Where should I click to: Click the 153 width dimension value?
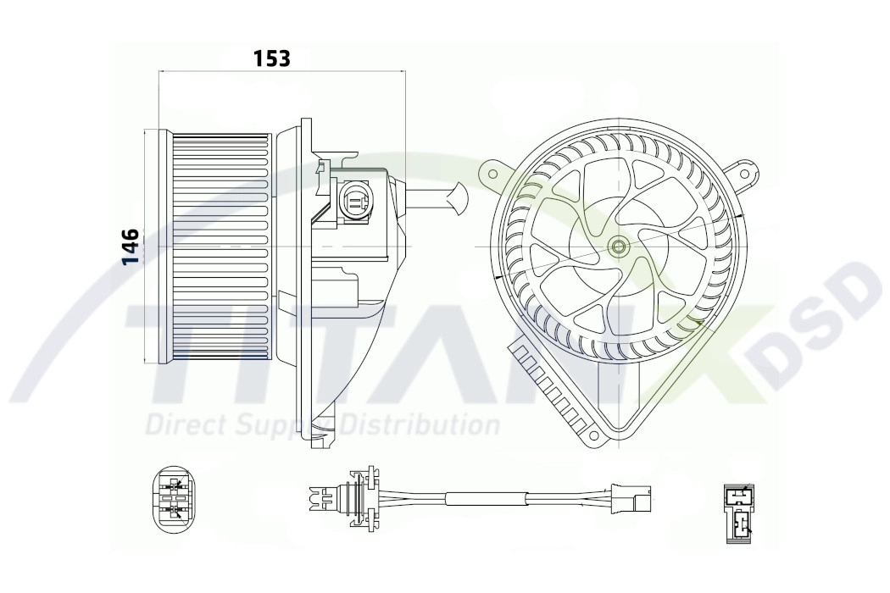pos(271,58)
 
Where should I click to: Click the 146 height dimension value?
pos(131,247)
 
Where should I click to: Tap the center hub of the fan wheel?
pos(619,247)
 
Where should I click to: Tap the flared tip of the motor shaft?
pos(459,200)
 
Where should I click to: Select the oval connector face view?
pos(175,498)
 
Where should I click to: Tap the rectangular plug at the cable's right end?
pos(631,497)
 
